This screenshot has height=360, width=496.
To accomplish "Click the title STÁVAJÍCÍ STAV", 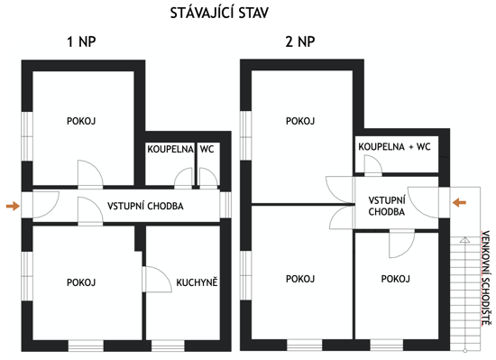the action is click(219, 13).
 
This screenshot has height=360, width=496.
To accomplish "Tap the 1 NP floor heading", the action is click(81, 42).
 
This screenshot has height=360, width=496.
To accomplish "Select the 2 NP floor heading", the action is click(300, 42).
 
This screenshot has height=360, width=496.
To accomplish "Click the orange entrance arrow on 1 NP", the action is click(13, 206).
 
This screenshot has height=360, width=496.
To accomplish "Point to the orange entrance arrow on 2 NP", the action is click(459, 202).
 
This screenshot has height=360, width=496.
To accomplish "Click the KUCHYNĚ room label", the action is click(197, 282).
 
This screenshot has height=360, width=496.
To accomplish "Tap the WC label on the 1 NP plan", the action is click(207, 149).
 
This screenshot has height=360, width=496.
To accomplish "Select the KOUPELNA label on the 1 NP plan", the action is click(170, 149).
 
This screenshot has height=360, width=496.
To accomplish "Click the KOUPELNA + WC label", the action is click(394, 147).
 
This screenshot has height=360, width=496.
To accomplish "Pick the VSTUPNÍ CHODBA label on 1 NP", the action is click(145, 207).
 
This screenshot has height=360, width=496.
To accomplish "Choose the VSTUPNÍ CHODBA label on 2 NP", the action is click(387, 206).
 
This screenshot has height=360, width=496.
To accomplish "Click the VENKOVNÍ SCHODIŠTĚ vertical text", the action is click(486, 279).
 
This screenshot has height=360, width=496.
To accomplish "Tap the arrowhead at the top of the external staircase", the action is click(464, 239).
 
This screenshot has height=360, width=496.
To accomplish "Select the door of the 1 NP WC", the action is click(209, 177).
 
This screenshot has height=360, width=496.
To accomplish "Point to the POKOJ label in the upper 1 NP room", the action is click(81, 121).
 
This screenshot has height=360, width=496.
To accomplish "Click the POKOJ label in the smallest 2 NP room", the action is click(396, 279).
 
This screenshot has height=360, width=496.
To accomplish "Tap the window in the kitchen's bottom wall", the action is click(168, 346).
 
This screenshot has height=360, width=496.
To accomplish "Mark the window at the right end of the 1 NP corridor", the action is click(225, 205).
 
